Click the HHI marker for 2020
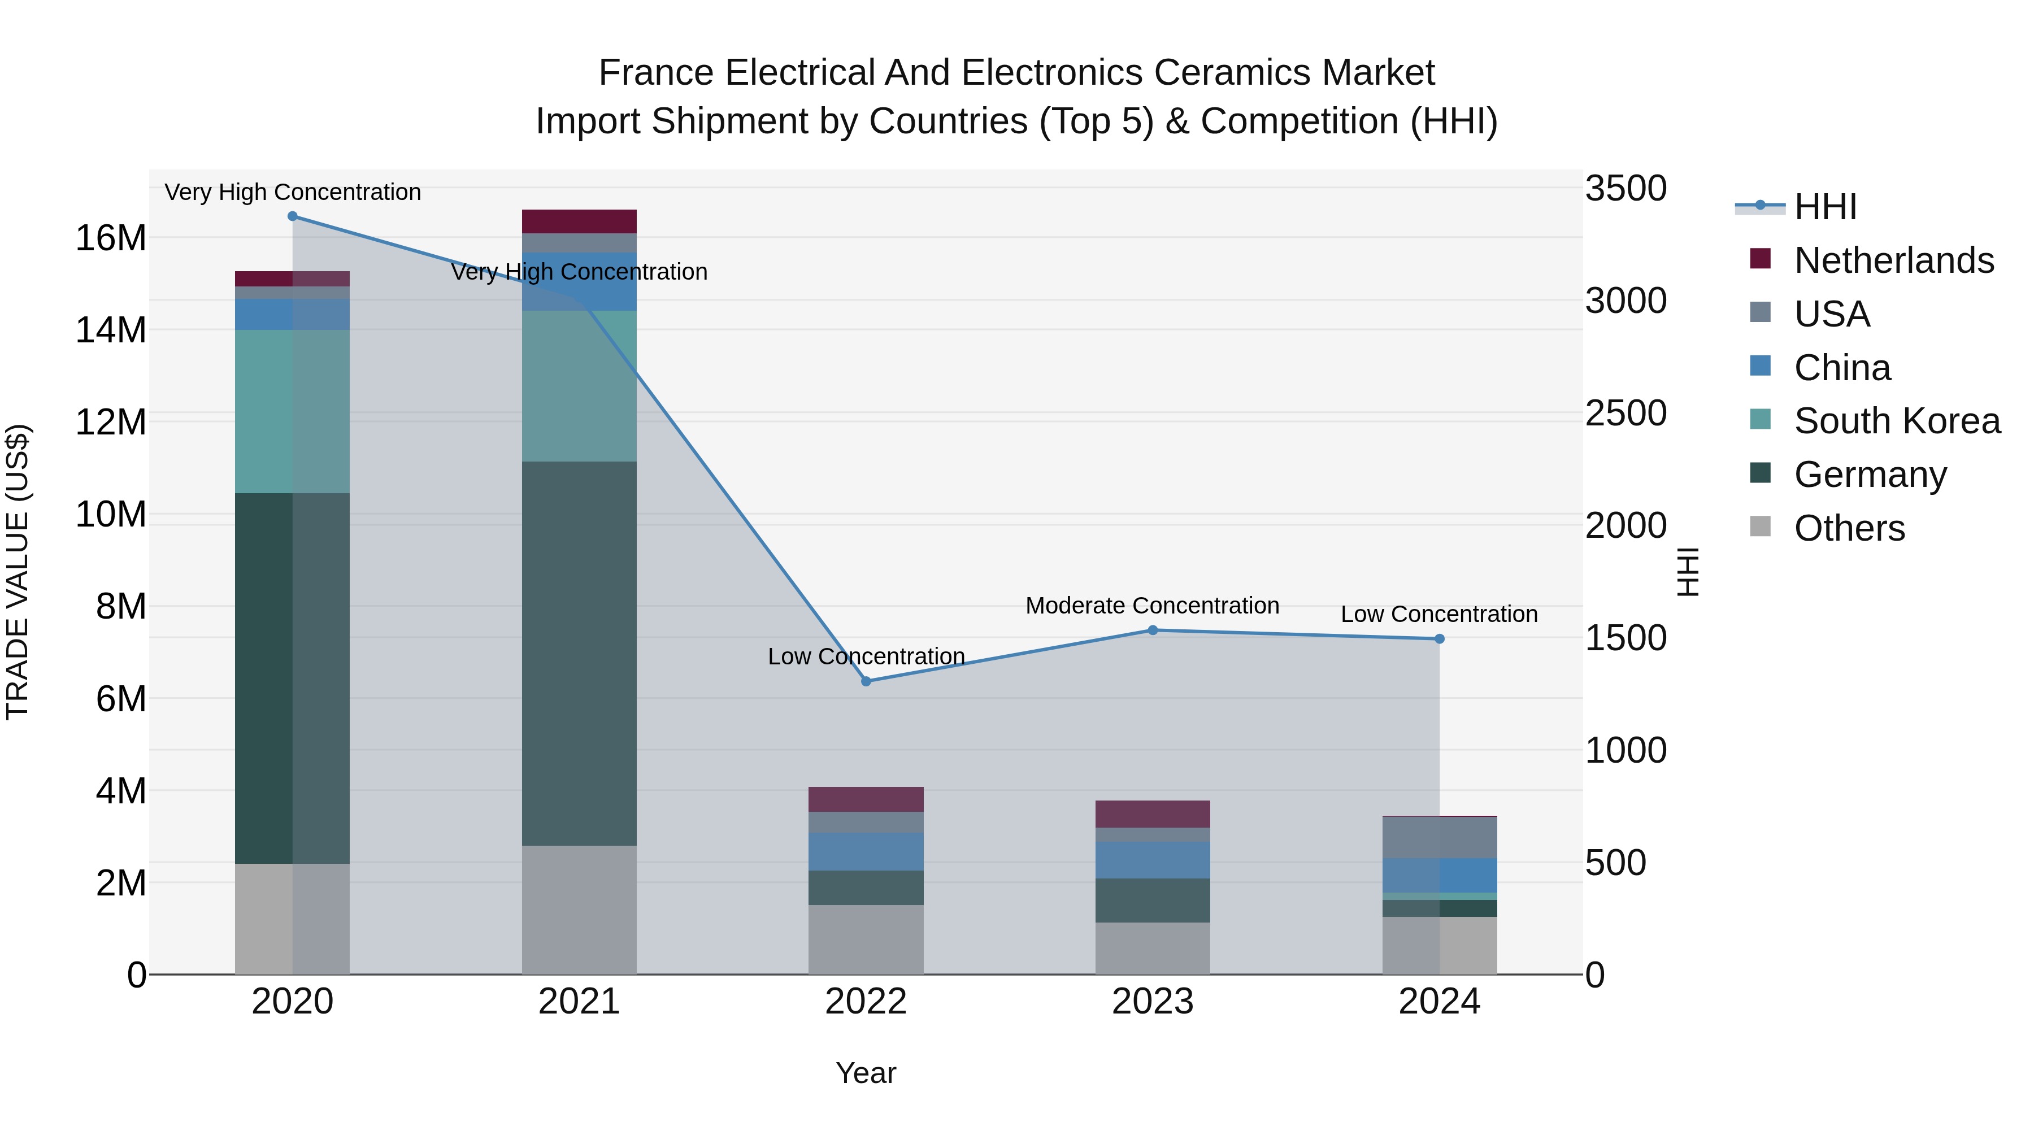tap(292, 216)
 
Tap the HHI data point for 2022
tap(866, 681)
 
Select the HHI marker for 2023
tap(1152, 630)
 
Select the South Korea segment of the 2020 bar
tap(292, 411)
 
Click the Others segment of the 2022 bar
tap(866, 939)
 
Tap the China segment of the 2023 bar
tap(1152, 860)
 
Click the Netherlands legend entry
tap(1893, 260)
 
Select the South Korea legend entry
tap(1897, 421)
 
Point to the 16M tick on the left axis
tap(111, 238)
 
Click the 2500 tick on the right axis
tap(1626, 414)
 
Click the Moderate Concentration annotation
tap(1152, 606)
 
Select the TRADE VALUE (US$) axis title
tap(18, 572)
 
